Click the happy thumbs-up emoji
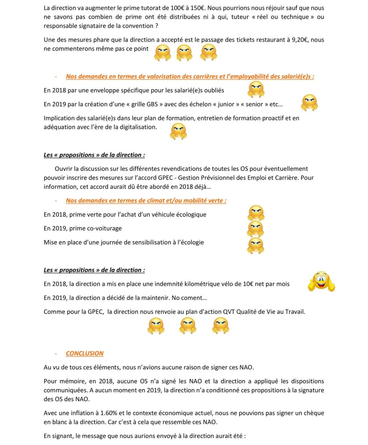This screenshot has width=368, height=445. click(321, 282)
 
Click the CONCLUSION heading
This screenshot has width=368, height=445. click(85, 353)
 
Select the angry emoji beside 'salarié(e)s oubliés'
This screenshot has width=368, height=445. click(256, 89)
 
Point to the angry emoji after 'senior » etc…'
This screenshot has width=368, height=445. click(309, 103)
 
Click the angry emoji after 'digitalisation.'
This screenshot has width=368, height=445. click(178, 131)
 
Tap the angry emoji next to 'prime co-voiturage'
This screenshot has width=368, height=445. click(256, 228)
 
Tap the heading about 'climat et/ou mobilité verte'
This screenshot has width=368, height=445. click(146, 200)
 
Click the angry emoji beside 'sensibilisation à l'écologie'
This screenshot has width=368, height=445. click(256, 245)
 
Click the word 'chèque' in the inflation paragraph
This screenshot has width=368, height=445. click(313, 413)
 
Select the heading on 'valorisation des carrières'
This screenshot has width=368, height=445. click(190, 76)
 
